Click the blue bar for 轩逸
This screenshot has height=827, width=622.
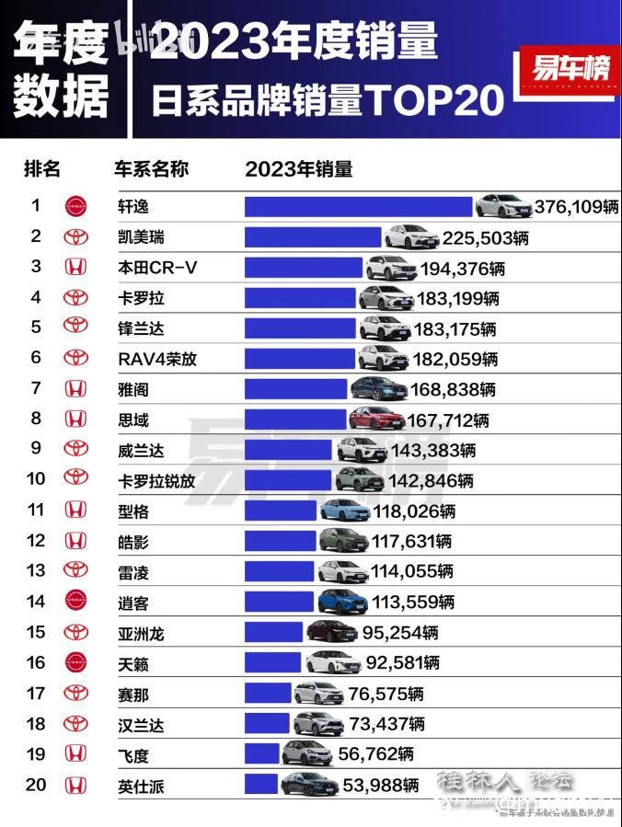359,206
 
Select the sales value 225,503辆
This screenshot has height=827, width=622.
485,238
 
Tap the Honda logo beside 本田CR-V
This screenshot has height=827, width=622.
75,268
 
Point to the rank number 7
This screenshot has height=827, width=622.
36,388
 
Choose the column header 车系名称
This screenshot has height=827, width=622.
151,169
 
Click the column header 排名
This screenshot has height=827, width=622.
42,169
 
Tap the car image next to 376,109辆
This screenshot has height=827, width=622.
503,205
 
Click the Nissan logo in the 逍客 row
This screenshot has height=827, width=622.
75,602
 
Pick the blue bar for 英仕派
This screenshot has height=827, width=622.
261,785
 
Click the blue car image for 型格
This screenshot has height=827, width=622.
343,510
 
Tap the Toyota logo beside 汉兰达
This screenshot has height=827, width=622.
75,724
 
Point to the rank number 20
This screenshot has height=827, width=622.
36,785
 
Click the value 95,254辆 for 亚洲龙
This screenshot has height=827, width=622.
397,632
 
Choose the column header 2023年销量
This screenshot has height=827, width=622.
299,169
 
